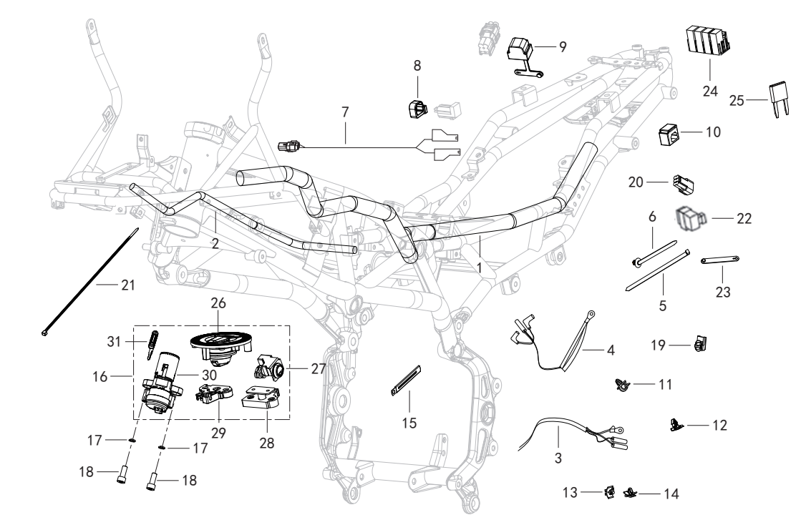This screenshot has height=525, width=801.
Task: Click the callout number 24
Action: coord(710,92)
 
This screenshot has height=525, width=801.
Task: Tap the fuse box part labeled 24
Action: coord(707,40)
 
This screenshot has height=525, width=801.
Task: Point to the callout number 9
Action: coord(563,47)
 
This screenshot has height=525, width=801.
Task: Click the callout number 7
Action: coord(345,112)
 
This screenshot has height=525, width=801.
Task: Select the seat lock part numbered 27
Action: coord(270,368)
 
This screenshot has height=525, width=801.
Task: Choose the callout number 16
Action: coord(100,376)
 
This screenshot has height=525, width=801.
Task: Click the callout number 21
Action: coord(127,285)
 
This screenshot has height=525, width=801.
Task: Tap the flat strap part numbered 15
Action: coord(406,380)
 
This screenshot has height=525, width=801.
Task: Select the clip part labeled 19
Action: coord(700,344)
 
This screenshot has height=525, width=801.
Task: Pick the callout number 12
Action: coord(719,425)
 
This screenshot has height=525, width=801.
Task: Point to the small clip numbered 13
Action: coord(609,491)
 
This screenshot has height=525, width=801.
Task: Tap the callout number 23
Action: coord(723,292)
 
